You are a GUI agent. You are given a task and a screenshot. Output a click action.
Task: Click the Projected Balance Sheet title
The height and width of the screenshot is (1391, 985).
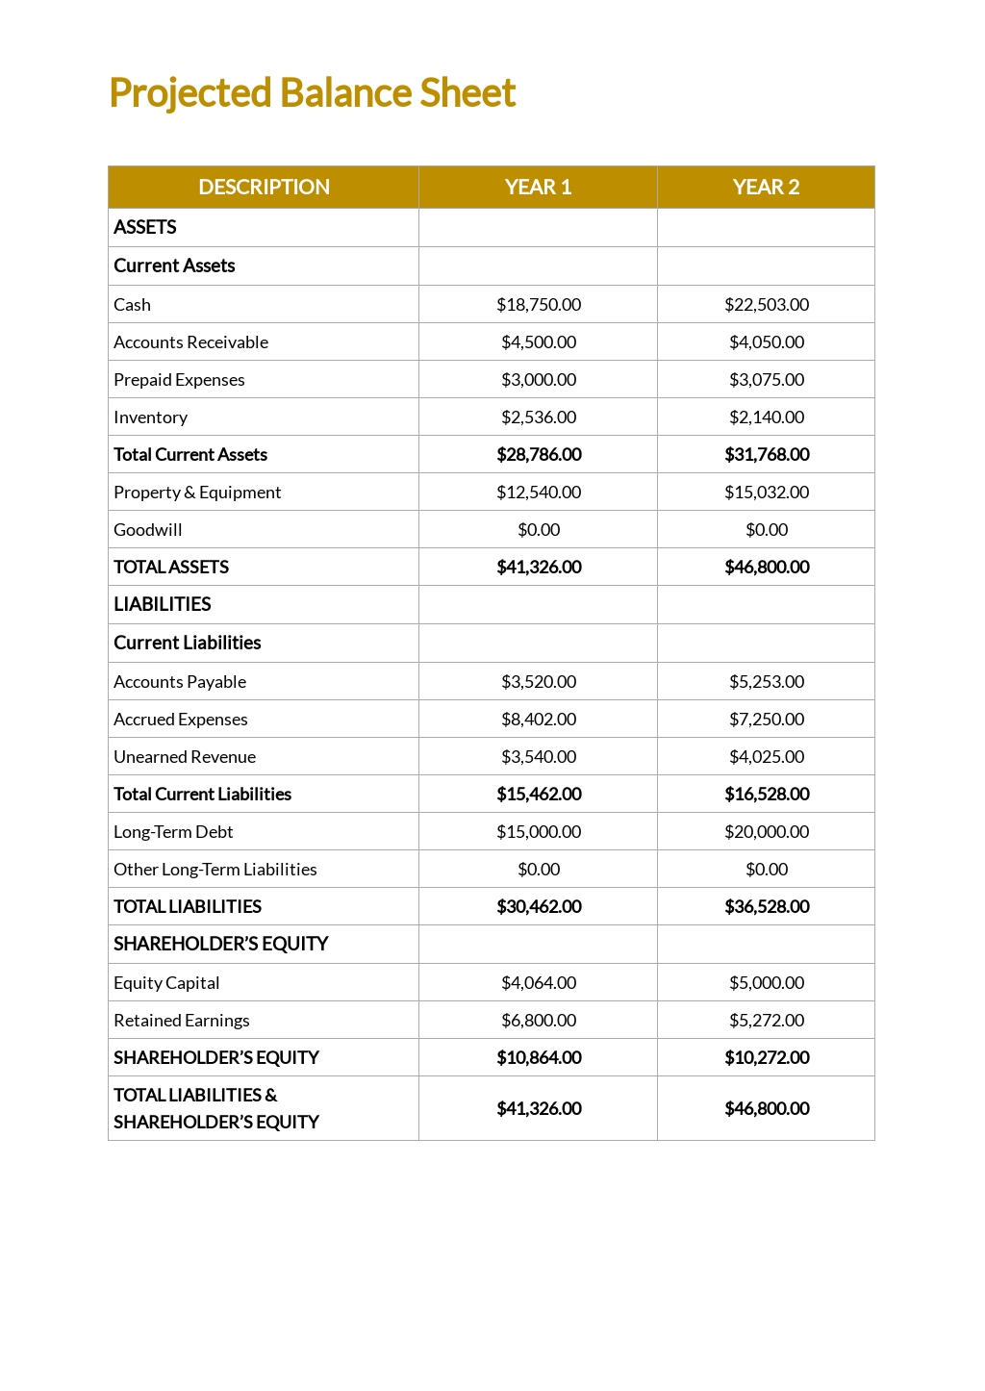(x=313, y=93)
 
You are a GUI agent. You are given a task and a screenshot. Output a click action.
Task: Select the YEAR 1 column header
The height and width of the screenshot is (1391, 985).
(x=538, y=187)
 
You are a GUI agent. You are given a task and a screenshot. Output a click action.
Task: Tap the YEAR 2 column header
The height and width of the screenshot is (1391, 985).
(x=766, y=187)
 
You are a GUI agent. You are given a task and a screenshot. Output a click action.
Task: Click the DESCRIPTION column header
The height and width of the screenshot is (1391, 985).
(x=264, y=187)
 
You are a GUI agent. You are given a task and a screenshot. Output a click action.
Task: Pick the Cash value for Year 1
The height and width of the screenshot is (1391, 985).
(x=539, y=304)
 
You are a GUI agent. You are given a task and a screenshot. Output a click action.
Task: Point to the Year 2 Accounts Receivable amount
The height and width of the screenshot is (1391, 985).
(x=767, y=341)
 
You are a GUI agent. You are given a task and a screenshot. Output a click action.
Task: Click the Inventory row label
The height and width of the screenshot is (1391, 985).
(x=150, y=417)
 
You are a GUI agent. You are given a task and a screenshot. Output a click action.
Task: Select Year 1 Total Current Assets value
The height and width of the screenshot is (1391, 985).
(x=539, y=454)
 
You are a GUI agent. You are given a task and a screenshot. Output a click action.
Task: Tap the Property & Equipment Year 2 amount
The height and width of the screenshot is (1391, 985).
(x=767, y=492)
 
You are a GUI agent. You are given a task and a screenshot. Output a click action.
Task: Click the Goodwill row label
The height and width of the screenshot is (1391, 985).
(x=148, y=529)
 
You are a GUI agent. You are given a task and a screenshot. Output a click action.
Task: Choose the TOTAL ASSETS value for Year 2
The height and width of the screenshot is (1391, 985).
(x=767, y=567)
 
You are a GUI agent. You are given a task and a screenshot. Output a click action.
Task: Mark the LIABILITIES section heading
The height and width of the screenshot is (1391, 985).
(x=163, y=604)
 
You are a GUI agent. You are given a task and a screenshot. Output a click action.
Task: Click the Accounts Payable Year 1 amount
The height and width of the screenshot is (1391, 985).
(x=539, y=681)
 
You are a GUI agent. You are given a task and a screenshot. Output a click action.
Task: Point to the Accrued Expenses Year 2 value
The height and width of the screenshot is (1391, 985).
(x=767, y=719)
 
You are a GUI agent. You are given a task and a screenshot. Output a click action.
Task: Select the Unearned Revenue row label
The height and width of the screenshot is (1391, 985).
(x=185, y=756)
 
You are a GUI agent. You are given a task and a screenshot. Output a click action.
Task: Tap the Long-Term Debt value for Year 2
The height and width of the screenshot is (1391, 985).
(x=767, y=831)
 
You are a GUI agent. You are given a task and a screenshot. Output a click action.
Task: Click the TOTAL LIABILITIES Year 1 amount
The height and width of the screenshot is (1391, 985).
(x=539, y=906)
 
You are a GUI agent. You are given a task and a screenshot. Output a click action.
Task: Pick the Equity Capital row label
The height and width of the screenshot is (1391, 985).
(x=166, y=982)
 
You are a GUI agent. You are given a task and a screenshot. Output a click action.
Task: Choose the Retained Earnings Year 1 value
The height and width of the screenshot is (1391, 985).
(x=539, y=1020)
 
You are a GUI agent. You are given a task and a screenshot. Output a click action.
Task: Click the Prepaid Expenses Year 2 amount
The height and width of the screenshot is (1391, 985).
(x=767, y=379)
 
